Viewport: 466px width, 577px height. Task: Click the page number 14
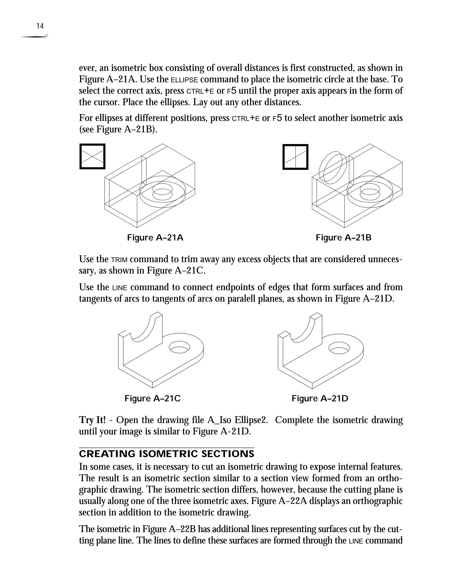[40, 26]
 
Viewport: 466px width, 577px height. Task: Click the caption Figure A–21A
[155, 238]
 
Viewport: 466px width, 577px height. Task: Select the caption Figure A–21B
[343, 238]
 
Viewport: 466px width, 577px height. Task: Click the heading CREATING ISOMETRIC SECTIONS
[166, 454]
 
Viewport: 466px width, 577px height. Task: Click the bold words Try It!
[92, 420]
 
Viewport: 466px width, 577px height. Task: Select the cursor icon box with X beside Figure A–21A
[92, 157]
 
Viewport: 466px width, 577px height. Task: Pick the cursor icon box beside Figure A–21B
[295, 157]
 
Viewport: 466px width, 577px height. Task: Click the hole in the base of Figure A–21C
[179, 347]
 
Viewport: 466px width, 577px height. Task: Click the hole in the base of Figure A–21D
[339, 348]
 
